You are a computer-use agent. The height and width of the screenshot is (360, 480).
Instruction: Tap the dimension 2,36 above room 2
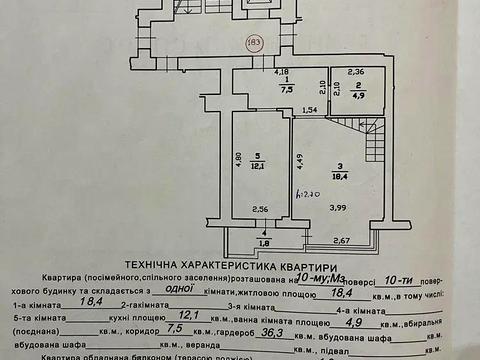356,71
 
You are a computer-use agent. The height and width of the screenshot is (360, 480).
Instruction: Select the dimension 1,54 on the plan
310,108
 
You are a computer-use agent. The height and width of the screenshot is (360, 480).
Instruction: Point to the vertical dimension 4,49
299,155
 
